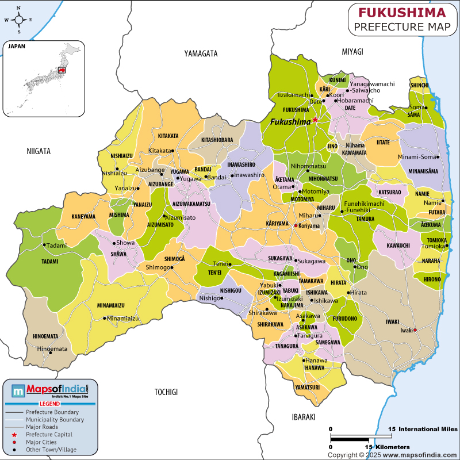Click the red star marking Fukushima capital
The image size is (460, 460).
(315, 120)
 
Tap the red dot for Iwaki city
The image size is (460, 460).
(415, 330)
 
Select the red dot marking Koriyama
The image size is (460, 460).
(296, 226)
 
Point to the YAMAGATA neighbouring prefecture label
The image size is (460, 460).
(201, 53)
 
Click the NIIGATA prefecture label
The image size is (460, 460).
(39, 151)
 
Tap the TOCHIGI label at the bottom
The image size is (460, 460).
(166, 392)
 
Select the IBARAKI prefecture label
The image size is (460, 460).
(304, 417)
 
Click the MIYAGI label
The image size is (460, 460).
(352, 52)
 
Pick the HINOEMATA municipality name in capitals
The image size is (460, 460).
(45, 336)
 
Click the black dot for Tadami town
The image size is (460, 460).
(44, 245)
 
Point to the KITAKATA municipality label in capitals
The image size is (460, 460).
(168, 136)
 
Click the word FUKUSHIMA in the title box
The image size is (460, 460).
(402, 12)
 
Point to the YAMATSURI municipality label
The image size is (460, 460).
(307, 388)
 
